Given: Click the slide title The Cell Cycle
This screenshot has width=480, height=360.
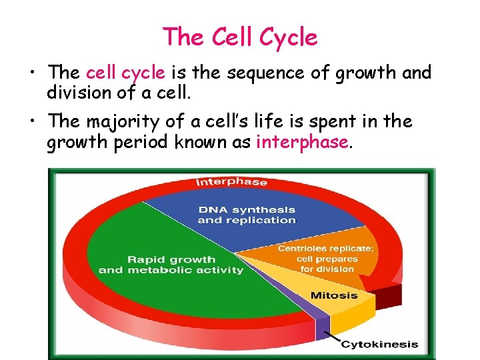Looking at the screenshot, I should [x=240, y=37].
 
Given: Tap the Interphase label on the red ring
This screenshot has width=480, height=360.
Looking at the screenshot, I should [x=231, y=182].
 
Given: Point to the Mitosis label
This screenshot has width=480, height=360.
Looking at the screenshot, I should [x=333, y=295].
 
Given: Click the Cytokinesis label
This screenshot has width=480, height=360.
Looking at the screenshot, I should [x=380, y=345].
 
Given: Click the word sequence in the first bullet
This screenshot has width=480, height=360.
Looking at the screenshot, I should [x=259, y=72].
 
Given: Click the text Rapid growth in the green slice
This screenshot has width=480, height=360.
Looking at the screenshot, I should [x=171, y=259].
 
